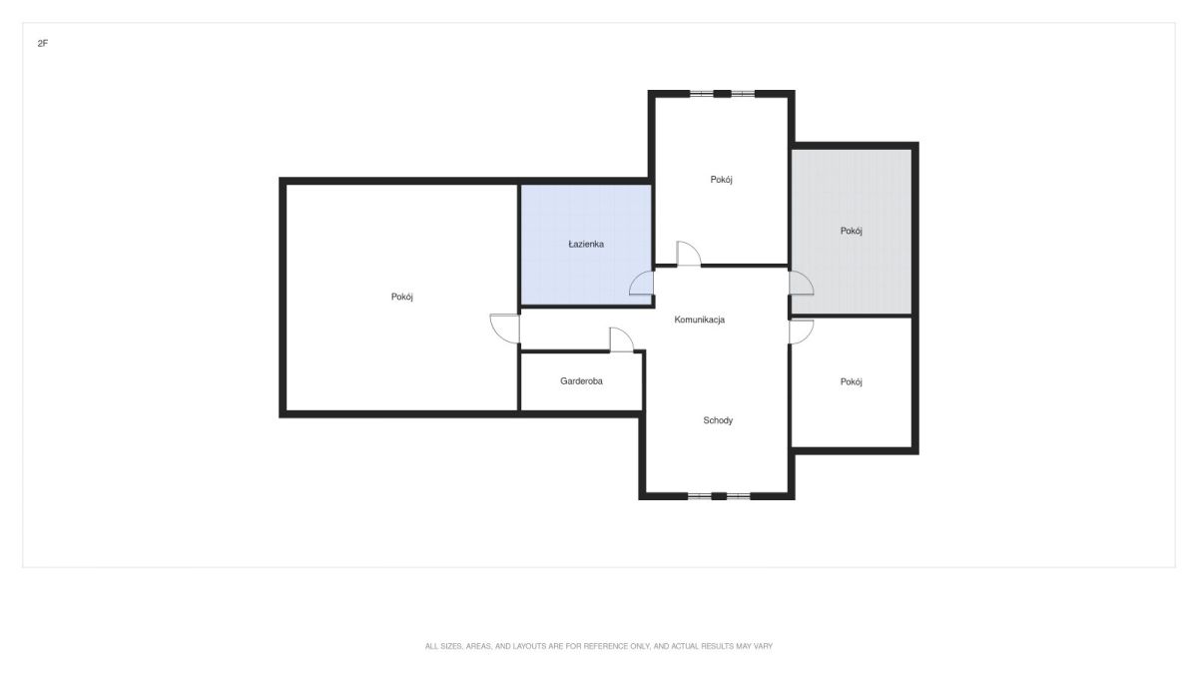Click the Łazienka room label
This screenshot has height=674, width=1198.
tap(586, 244)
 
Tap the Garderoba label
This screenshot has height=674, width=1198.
tap(581, 380)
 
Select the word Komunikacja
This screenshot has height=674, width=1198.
tap(699, 320)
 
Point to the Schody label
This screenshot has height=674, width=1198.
tap(718, 420)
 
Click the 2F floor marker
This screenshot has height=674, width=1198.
tap(43, 43)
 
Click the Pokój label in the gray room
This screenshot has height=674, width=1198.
tap(851, 231)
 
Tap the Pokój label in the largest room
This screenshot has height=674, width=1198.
tap(401, 297)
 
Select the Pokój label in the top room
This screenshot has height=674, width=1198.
tap(721, 180)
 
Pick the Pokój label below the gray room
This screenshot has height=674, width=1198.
tap(851, 381)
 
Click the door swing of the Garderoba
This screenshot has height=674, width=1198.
tap(622, 339)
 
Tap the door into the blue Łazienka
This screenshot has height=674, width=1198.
tap(641, 283)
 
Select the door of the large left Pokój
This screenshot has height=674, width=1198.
tap(504, 328)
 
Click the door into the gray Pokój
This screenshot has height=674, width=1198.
tap(801, 283)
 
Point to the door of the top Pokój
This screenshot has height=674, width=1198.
tap(689, 253)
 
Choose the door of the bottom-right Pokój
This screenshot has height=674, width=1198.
tap(801, 332)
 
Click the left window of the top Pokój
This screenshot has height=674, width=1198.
tap(701, 94)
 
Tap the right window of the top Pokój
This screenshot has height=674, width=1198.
tap(743, 94)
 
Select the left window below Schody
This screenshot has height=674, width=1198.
tap(699, 496)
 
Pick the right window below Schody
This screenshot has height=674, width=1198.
tap(739, 496)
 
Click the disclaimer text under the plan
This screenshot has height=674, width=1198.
tap(599, 646)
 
